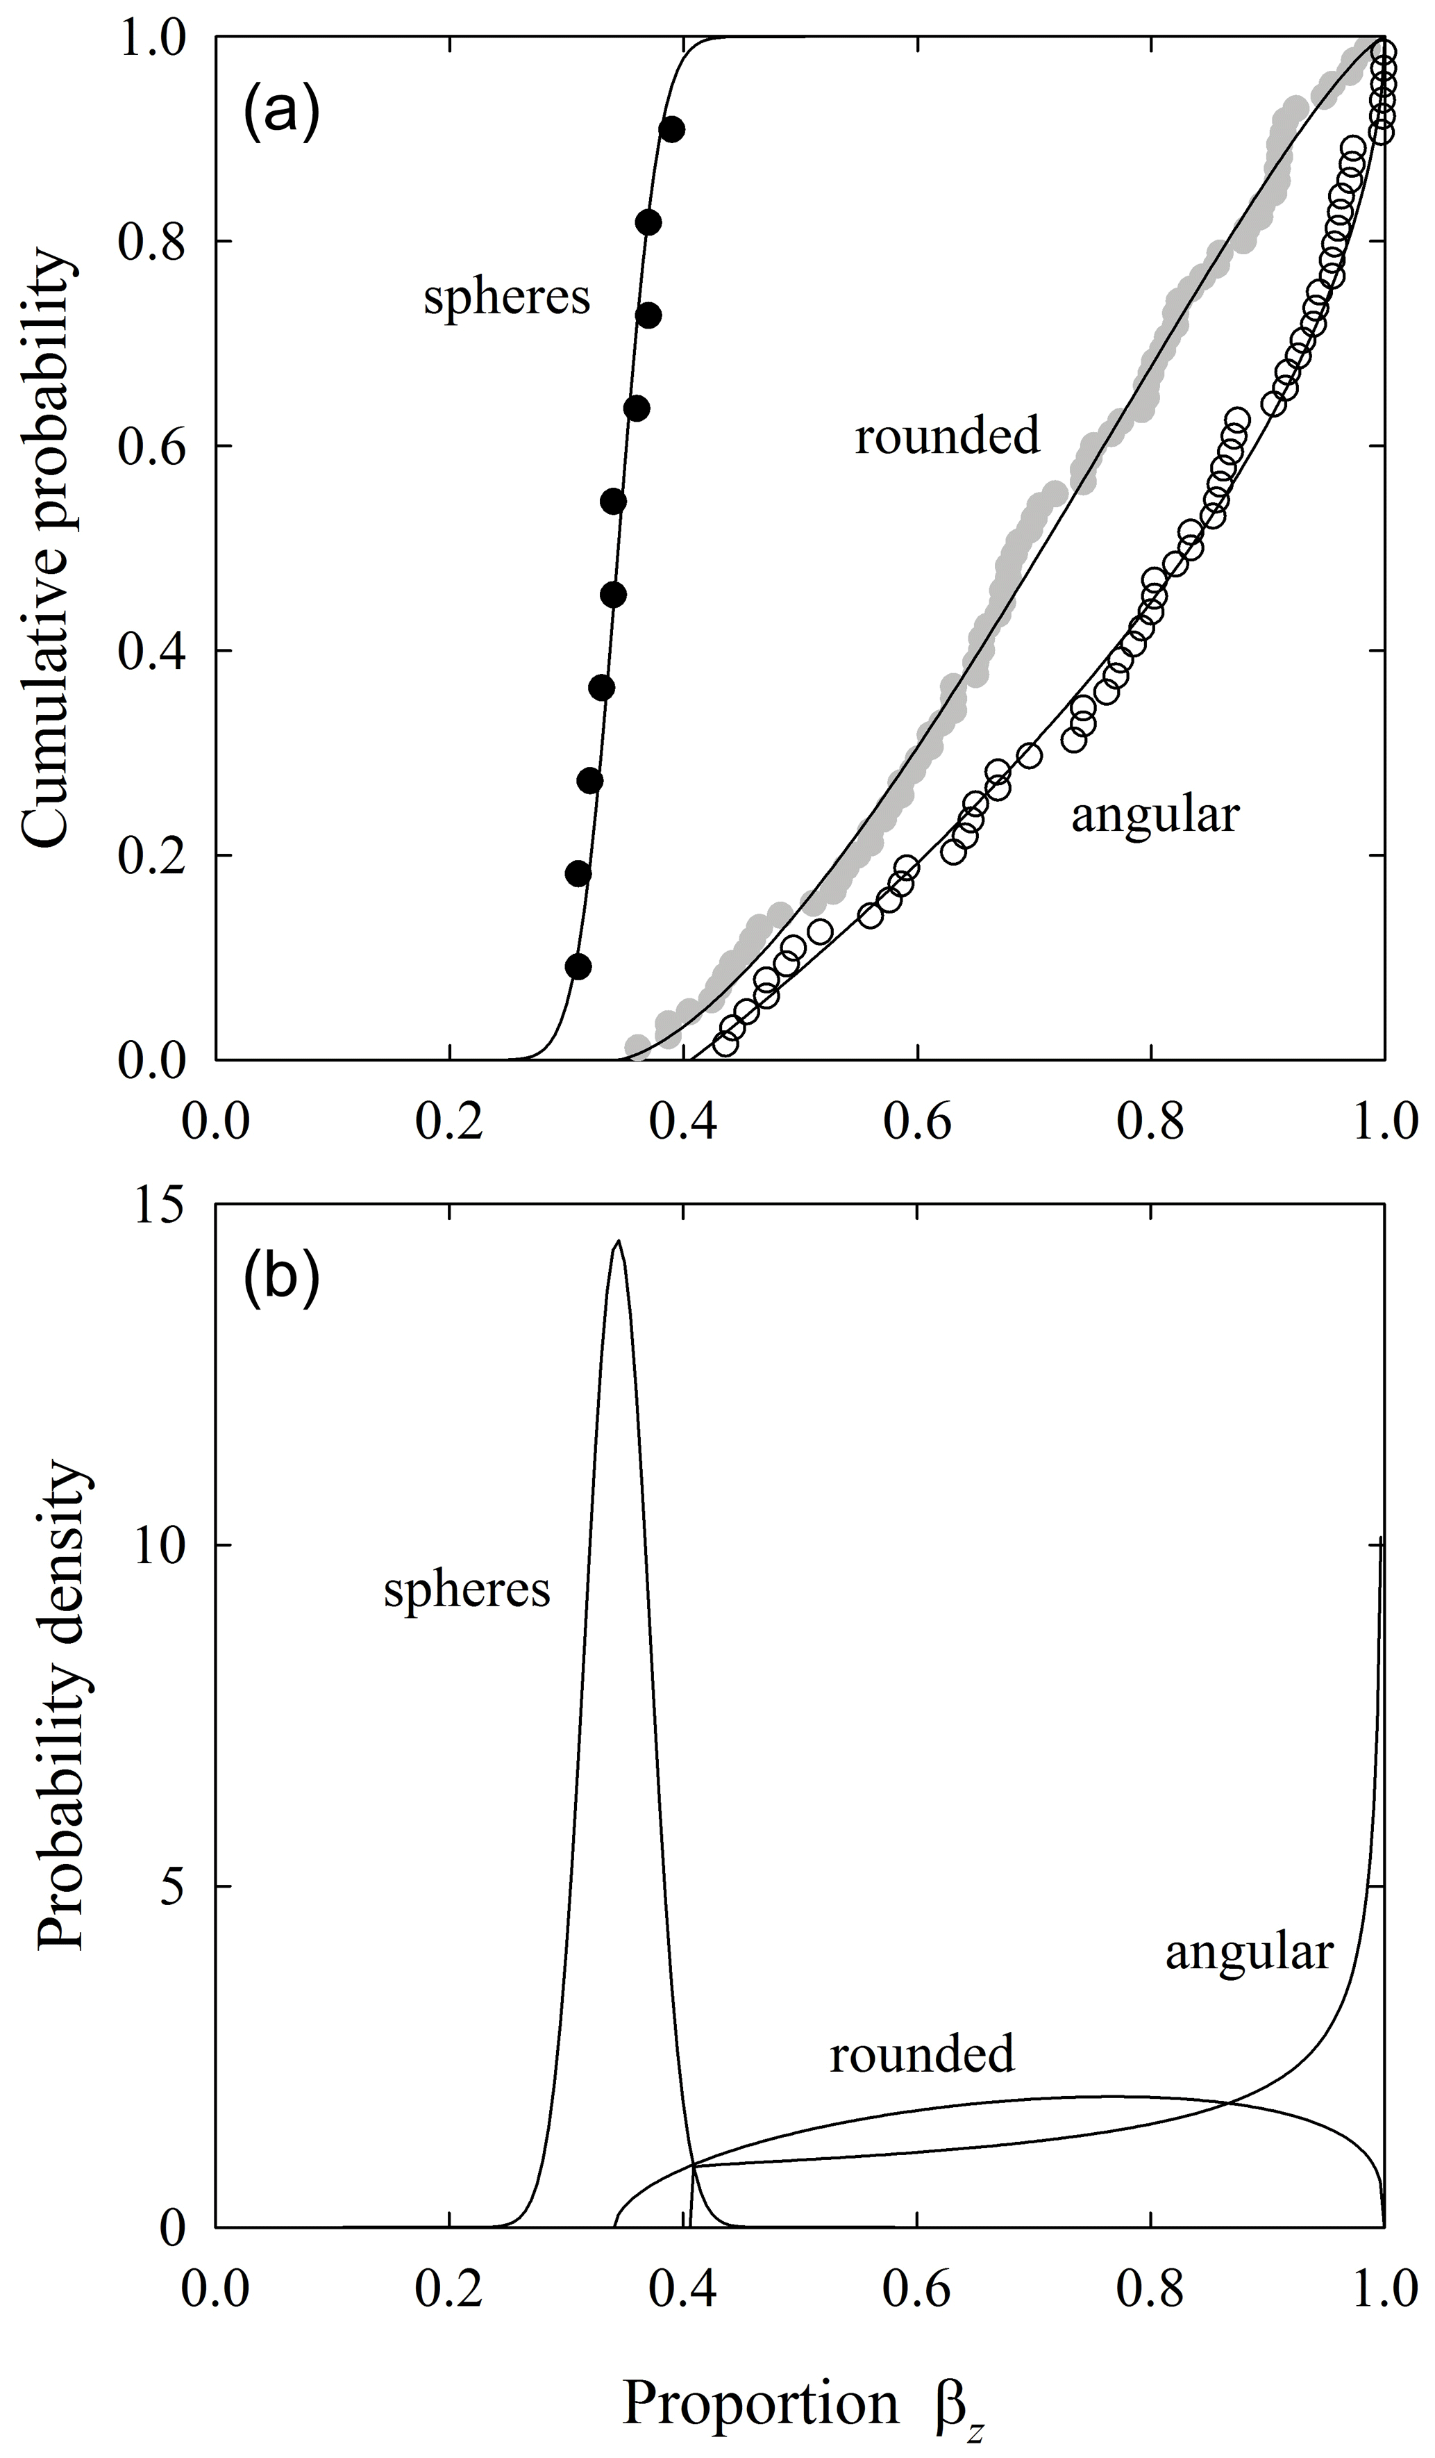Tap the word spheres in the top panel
click(507, 297)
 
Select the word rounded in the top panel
click(948, 436)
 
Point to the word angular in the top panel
click(1155, 814)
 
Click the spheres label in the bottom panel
click(467, 1589)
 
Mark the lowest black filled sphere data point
click(578, 966)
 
